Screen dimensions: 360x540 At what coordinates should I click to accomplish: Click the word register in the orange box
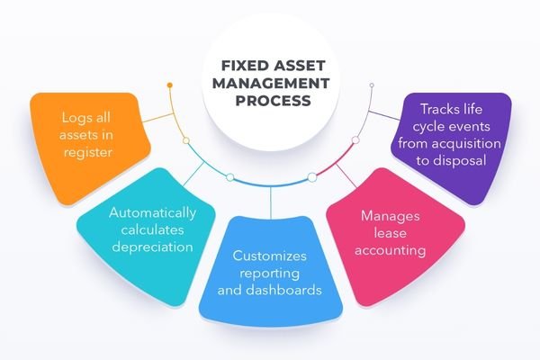[86, 153]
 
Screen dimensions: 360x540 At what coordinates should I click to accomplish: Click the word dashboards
[289, 292]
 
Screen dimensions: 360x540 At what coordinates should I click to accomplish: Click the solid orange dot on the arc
[169, 85]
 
